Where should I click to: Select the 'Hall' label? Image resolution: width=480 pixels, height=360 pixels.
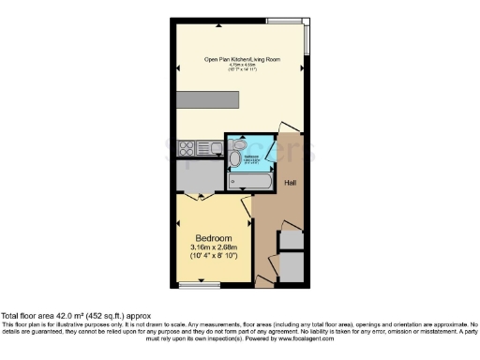tap(291, 183)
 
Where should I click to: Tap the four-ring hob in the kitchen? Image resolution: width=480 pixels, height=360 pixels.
tap(185, 146)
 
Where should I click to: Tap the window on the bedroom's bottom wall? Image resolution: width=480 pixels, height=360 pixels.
tap(193, 284)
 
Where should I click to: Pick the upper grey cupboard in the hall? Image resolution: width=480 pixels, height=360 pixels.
tap(292, 238)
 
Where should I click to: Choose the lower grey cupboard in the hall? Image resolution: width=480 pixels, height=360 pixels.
tap(292, 268)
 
